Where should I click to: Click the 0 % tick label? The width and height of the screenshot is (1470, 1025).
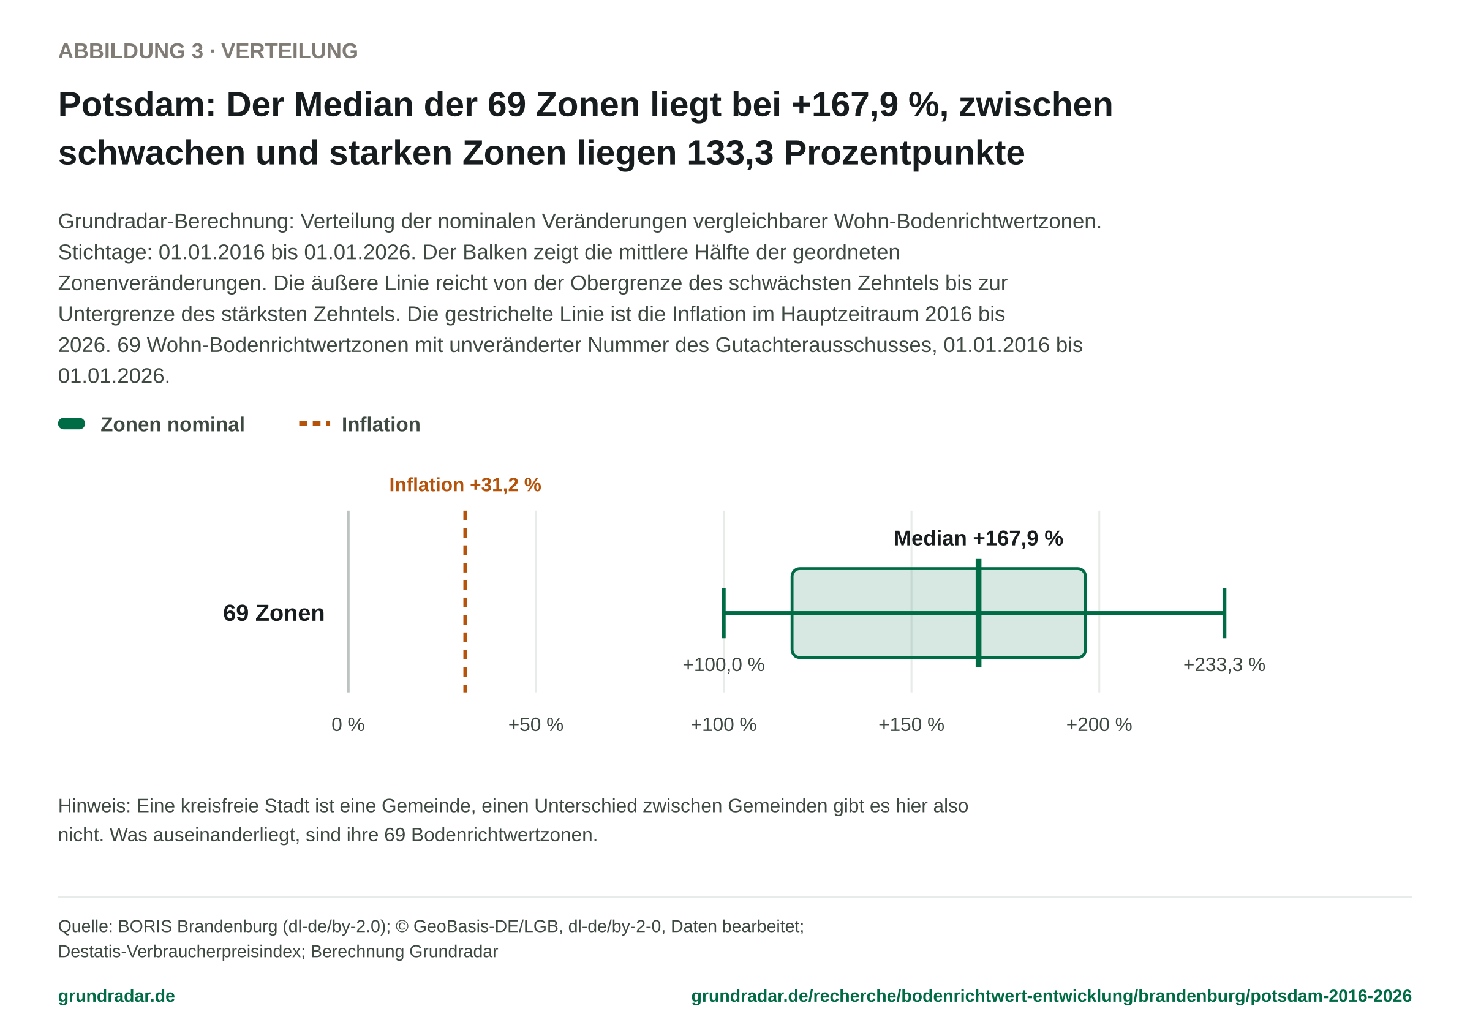point(348,725)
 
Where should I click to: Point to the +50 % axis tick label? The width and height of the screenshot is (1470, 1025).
point(536,725)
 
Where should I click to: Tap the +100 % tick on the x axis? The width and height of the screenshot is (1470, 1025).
point(723,725)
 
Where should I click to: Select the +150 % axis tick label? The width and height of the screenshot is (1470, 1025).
point(911,725)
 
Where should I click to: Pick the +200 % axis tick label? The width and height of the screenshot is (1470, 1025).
point(1099,725)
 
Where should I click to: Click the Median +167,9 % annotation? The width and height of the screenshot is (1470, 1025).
point(978,538)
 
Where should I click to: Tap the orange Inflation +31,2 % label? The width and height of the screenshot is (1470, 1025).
point(466,485)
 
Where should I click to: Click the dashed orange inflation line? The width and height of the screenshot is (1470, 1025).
point(466,601)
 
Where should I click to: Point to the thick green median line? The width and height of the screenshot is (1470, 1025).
point(978,613)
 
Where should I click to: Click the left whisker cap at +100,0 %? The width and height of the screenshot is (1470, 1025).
point(723,613)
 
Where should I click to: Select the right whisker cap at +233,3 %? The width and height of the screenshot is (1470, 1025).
point(1224,613)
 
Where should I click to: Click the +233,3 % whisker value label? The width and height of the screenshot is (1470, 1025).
point(1224,664)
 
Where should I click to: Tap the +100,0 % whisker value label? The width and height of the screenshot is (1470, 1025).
point(723,664)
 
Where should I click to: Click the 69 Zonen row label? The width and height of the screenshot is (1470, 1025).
point(273,614)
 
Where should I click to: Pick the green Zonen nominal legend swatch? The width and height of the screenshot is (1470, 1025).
point(72,424)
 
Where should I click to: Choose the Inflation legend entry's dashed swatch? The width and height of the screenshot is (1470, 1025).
point(315,424)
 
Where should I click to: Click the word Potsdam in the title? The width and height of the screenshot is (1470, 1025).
point(137,104)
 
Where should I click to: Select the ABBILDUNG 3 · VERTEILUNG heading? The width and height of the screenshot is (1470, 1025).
point(208,51)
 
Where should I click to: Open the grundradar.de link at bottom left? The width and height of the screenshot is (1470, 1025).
point(116,996)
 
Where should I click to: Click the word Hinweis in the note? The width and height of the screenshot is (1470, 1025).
point(94,805)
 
